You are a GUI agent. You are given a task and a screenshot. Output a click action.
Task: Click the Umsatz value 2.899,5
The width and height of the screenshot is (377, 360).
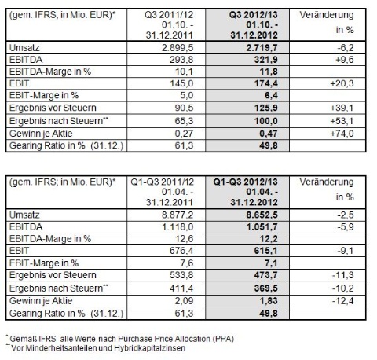pyautogui.click(x=178, y=48)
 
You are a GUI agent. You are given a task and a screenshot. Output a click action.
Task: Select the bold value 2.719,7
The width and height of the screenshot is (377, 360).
pyautogui.click(x=262, y=48)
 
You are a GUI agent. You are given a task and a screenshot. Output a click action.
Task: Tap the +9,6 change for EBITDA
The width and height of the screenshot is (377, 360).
pyautogui.click(x=345, y=60)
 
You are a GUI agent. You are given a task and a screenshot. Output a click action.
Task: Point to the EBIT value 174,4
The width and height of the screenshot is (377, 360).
pyautogui.click(x=266, y=83)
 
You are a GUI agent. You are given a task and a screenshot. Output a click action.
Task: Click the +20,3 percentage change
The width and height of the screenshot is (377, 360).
pyautogui.click(x=342, y=83)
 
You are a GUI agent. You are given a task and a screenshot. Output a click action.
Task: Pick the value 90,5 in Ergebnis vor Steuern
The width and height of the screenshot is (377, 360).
pyautogui.click(x=184, y=108)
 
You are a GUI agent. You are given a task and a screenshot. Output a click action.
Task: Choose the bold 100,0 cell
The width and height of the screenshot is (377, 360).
pyautogui.click(x=266, y=121)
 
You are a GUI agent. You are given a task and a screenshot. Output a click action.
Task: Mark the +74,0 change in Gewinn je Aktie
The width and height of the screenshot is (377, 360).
pyautogui.click(x=342, y=134)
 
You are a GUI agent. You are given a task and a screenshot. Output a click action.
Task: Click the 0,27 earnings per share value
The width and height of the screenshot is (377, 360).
pyautogui.click(x=184, y=134)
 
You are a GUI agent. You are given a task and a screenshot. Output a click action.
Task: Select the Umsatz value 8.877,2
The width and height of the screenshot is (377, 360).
pyautogui.click(x=178, y=215)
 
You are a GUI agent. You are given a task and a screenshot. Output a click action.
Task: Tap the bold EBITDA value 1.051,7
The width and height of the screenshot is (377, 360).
pyautogui.click(x=262, y=227)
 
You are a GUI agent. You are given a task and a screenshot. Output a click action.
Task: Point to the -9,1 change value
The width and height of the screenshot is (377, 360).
pyautogui.click(x=346, y=251)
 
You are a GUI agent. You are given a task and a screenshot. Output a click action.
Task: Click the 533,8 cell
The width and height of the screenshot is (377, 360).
pyautogui.click(x=181, y=275)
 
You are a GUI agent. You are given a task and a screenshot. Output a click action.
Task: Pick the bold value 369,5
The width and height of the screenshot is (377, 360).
pyautogui.click(x=266, y=288)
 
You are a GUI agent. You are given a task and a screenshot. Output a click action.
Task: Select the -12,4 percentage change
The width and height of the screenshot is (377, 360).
pyautogui.click(x=343, y=301)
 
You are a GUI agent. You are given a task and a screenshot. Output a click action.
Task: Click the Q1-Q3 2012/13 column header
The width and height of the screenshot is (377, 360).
pyautogui.click(x=245, y=182)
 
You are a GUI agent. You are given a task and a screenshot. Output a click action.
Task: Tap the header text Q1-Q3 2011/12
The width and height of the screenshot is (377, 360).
pyautogui.click(x=162, y=182)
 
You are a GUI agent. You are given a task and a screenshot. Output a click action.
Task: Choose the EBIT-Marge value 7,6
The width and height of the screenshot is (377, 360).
pyautogui.click(x=186, y=263)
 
